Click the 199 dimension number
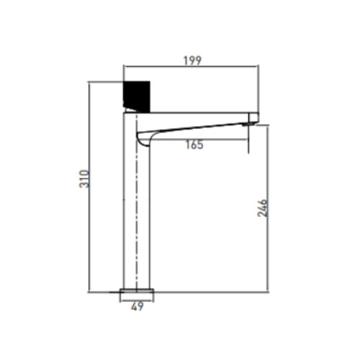(x=192, y=60)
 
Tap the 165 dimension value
(x=194, y=145)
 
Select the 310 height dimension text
(x=84, y=179)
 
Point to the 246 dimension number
(x=262, y=208)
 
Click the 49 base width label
(x=138, y=307)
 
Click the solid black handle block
(x=137, y=96)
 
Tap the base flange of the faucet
(x=137, y=291)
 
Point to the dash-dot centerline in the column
(x=136, y=202)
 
